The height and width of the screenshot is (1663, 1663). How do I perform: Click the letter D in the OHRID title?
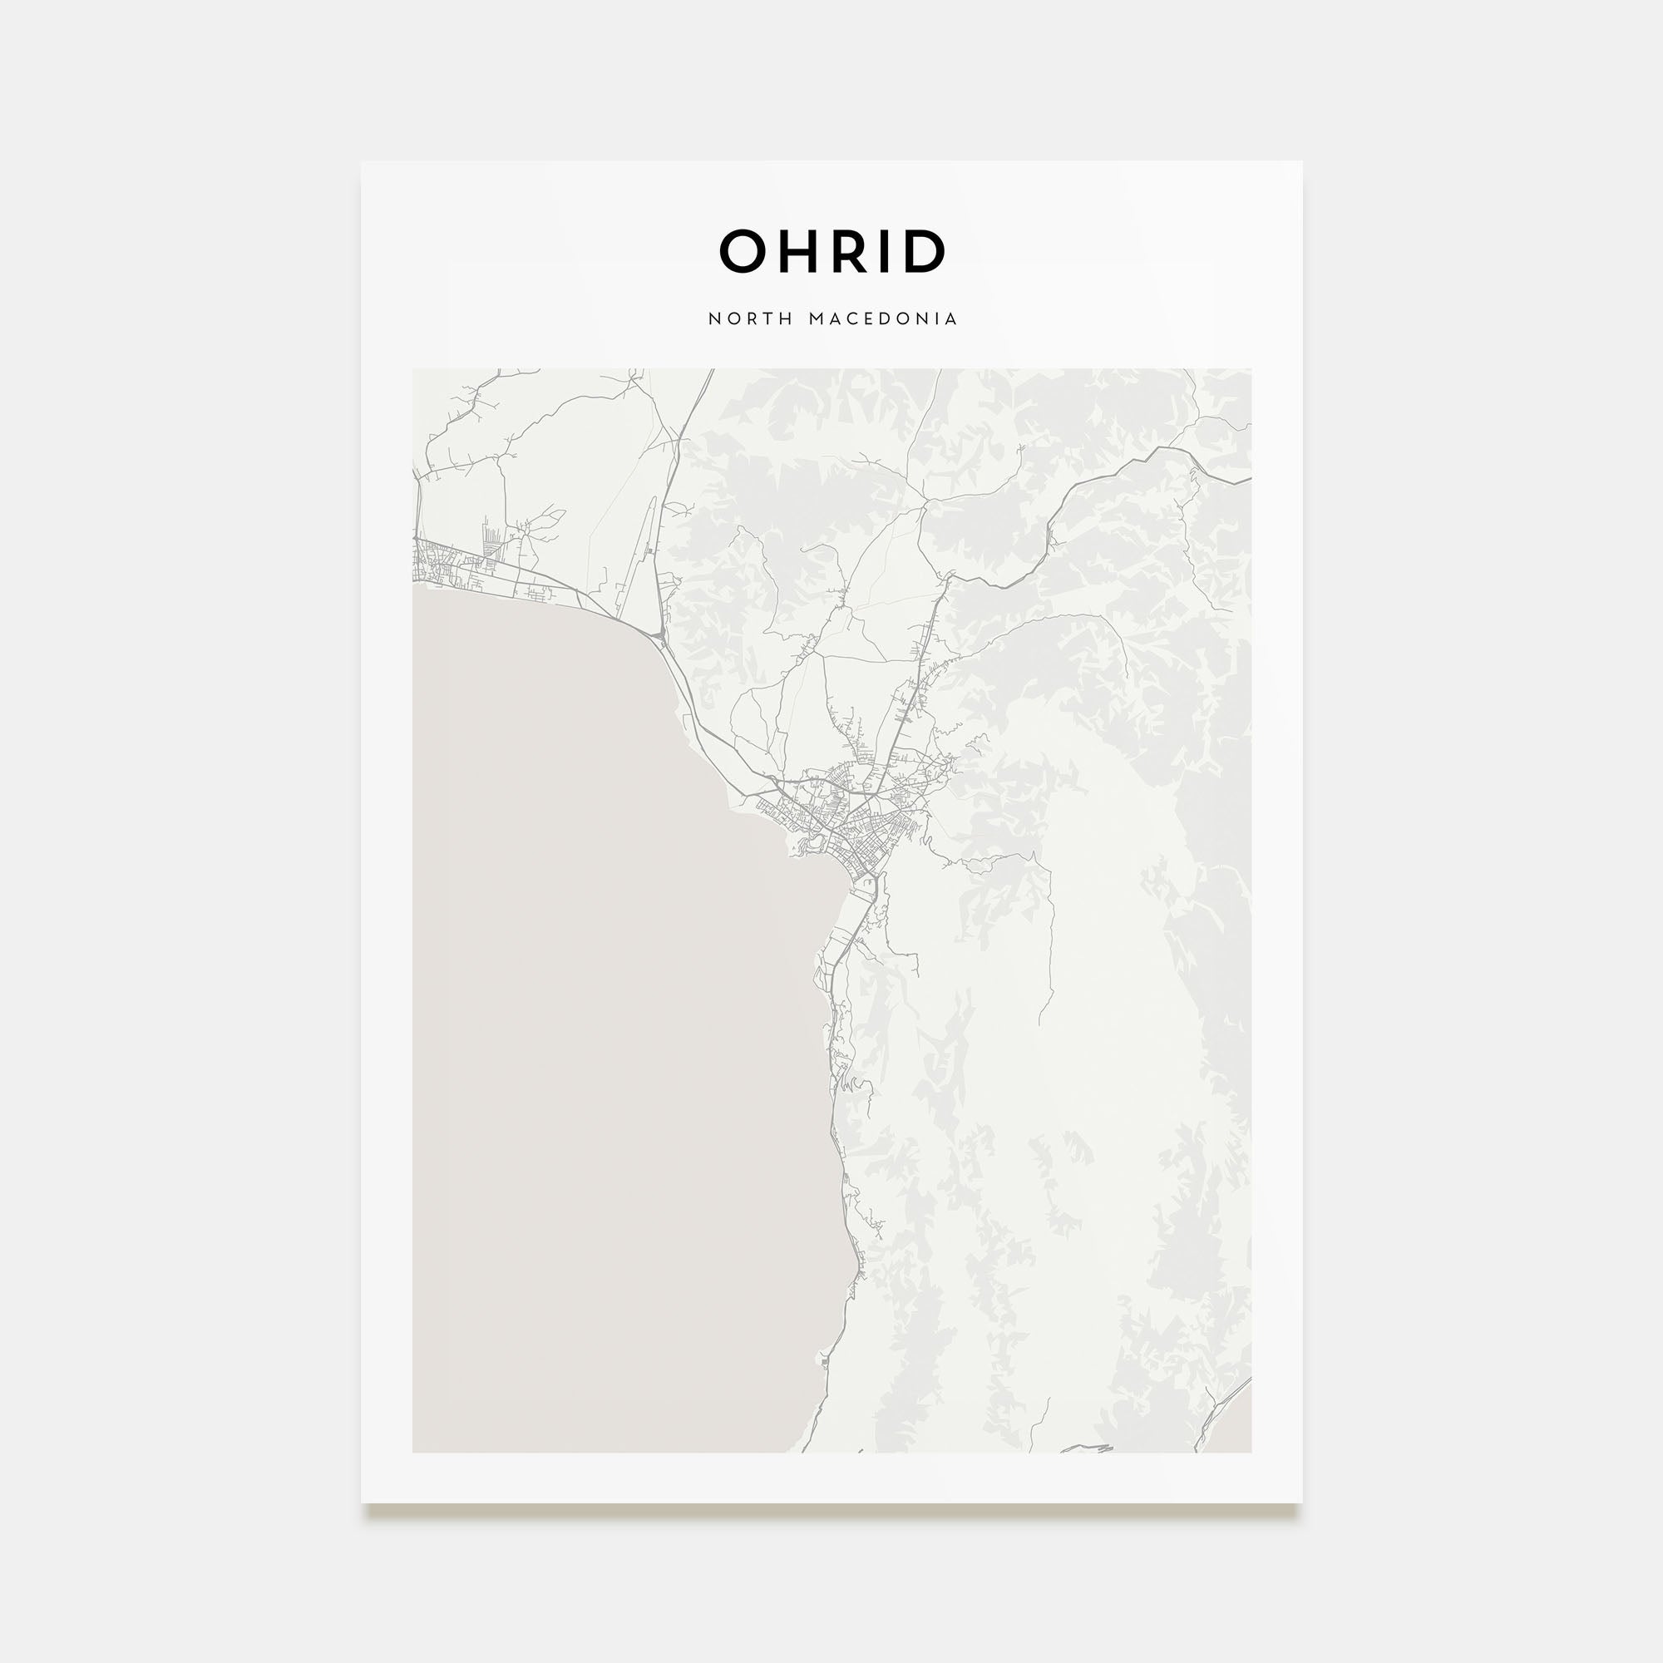tap(923, 252)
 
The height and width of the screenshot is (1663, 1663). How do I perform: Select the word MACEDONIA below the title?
tap(883, 319)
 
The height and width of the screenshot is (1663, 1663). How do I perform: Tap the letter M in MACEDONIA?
tap(816, 319)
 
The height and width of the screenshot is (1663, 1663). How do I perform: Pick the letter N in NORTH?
tap(713, 319)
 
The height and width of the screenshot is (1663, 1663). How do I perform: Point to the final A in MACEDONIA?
tap(951, 319)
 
